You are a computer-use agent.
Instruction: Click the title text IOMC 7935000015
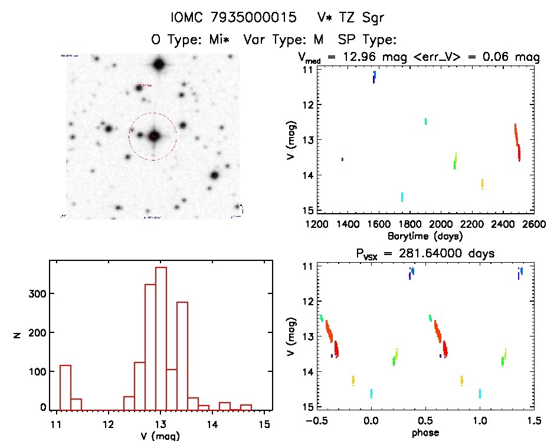[232, 18]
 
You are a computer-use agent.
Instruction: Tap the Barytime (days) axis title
[425, 236]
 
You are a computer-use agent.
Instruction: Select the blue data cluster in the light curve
[374, 77]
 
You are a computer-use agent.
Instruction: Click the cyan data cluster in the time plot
[402, 197]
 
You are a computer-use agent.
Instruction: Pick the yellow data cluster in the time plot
[482, 184]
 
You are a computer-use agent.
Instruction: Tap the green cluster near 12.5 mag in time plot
[425, 121]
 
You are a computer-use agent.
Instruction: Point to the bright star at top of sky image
[158, 64]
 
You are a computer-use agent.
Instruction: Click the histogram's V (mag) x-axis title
[161, 436]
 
